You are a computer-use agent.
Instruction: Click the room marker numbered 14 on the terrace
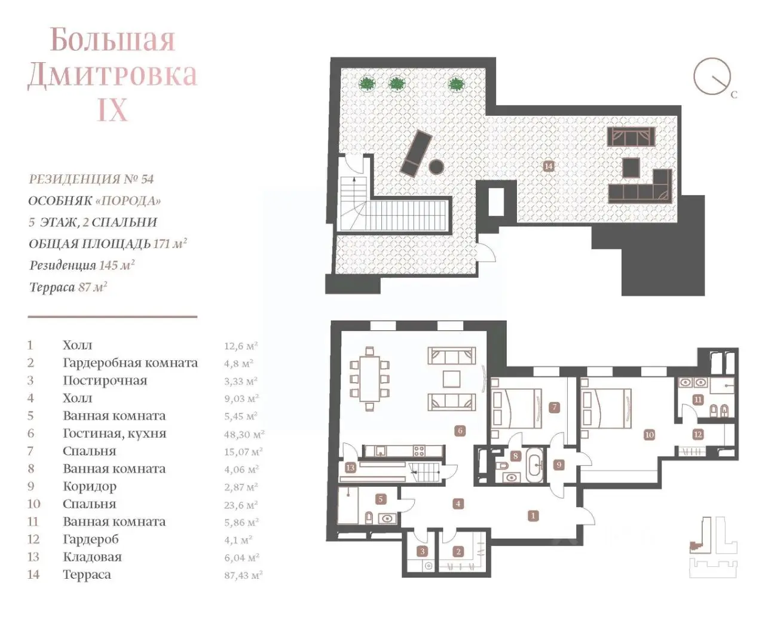[548, 166]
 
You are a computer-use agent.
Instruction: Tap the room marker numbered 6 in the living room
[460, 431]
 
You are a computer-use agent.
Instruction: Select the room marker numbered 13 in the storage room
[350, 468]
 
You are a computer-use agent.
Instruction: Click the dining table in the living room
[369, 378]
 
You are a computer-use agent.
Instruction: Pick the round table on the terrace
[436, 167]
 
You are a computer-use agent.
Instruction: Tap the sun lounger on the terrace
[416, 154]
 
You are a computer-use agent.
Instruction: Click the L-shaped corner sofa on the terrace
[640, 187]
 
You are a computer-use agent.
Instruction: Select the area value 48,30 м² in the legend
[244, 434]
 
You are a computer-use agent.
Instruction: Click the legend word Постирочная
[105, 380]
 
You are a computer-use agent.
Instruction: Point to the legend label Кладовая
[92, 557]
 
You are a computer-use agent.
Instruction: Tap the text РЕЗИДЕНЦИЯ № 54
[91, 179]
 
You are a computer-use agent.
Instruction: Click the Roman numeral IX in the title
[112, 109]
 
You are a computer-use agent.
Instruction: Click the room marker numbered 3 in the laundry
[423, 551]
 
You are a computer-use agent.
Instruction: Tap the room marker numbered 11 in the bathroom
[697, 400]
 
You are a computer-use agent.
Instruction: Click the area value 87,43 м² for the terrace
[243, 575]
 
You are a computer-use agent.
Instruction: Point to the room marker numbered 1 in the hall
[533, 516]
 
